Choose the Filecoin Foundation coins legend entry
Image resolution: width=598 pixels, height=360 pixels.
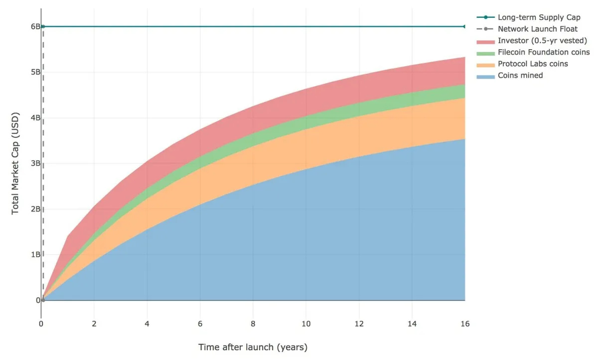coord(544,52)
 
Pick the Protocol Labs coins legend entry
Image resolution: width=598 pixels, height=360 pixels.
coord(533,64)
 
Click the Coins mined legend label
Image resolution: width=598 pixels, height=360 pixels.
coord(520,75)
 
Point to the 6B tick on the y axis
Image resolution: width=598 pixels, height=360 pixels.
coord(35,26)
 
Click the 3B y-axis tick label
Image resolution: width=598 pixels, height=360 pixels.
coord(35,163)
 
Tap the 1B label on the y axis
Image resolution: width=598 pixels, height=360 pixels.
coord(35,254)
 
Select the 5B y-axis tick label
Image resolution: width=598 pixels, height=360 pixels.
coord(35,72)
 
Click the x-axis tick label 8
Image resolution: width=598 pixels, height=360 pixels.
coord(253,324)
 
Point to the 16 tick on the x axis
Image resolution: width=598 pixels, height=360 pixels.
coord(464,324)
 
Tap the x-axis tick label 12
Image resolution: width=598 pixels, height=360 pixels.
coord(359,324)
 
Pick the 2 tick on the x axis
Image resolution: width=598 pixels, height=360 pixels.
coord(94,324)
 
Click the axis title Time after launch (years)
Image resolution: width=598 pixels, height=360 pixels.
coord(253,347)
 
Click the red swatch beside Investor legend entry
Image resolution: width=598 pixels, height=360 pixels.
coord(485,41)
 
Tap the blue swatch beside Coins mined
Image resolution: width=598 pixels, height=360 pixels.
coord(485,76)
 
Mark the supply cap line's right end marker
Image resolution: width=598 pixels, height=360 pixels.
coord(464,26)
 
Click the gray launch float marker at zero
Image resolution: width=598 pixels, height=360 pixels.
coord(43,300)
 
